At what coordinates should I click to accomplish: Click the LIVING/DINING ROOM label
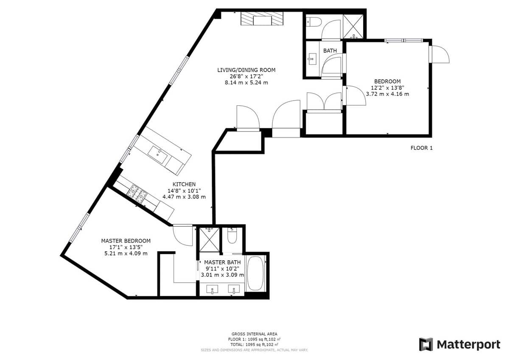(246, 70)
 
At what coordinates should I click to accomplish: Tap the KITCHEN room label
(184, 184)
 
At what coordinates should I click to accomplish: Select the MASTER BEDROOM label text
(126, 241)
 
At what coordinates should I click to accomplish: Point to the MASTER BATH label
(222, 262)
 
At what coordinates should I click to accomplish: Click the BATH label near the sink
(330, 51)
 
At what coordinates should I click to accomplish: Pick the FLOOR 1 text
(422, 148)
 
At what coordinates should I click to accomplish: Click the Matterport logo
(459, 345)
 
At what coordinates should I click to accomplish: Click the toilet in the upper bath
(314, 22)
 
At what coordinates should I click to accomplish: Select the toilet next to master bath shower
(232, 236)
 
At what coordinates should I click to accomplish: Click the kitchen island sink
(158, 155)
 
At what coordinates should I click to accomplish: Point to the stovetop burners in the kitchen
(137, 194)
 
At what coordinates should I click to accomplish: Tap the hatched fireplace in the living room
(262, 19)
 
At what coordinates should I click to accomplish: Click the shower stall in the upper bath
(353, 27)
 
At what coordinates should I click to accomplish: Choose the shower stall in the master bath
(210, 239)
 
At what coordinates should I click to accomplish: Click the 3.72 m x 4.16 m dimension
(387, 94)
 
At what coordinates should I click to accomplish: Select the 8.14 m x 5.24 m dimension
(246, 82)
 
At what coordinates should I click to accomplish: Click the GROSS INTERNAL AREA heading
(254, 334)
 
